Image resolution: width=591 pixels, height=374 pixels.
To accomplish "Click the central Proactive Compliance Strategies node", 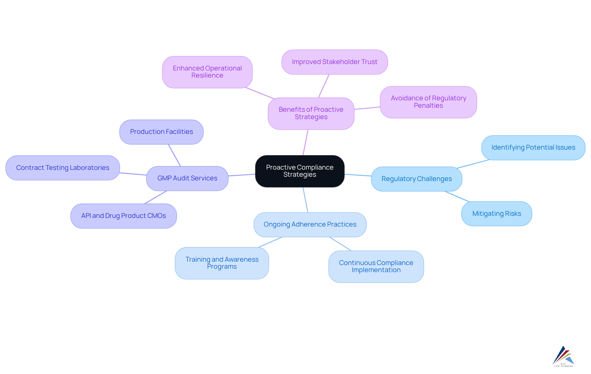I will pyautogui.click(x=300, y=171).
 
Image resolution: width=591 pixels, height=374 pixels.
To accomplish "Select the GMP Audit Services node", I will pyautogui.click(x=187, y=178).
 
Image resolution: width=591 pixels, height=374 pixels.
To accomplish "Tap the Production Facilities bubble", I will pyautogui.click(x=161, y=132).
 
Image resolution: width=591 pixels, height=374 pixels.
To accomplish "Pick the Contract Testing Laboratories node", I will pyautogui.click(x=62, y=168).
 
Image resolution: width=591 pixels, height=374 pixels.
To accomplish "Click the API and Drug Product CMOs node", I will pyautogui.click(x=123, y=216).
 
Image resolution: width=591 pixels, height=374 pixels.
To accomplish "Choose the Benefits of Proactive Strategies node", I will pyautogui.click(x=311, y=113).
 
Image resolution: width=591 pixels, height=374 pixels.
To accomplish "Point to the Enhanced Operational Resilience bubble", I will pyautogui.click(x=207, y=72).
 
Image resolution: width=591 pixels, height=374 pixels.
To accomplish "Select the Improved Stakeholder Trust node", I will pyautogui.click(x=335, y=62).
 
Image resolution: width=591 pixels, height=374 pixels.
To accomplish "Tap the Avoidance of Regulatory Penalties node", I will pyautogui.click(x=428, y=102).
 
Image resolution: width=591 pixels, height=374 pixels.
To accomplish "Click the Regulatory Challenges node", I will pyautogui.click(x=416, y=179).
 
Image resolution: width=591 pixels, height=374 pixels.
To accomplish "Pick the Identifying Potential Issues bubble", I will pyautogui.click(x=533, y=147).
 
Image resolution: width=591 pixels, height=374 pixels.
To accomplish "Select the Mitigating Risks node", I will pyautogui.click(x=497, y=214).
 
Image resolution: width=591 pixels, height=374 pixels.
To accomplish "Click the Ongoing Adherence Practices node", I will pyautogui.click(x=310, y=224).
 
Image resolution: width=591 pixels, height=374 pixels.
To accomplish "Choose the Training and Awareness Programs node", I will pyautogui.click(x=222, y=263).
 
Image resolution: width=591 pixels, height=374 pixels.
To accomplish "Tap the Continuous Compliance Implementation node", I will pyautogui.click(x=376, y=267).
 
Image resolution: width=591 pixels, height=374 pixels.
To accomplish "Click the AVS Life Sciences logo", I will pyautogui.click(x=563, y=356).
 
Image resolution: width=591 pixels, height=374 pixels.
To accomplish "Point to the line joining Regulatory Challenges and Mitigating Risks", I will pyautogui.click(x=457, y=196).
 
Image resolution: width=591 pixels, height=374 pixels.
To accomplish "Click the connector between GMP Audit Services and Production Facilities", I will pyautogui.click(x=174, y=155).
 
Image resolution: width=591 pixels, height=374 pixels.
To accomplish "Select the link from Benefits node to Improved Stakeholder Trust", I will pyautogui.click(x=324, y=86).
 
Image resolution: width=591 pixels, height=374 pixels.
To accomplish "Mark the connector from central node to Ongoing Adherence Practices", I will pyautogui.click(x=305, y=200).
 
